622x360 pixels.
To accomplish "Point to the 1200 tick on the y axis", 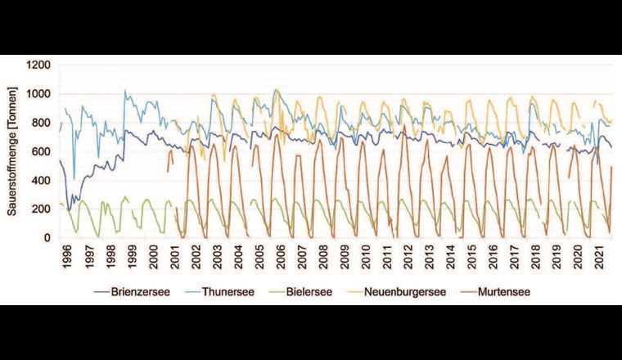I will click(40, 65).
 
